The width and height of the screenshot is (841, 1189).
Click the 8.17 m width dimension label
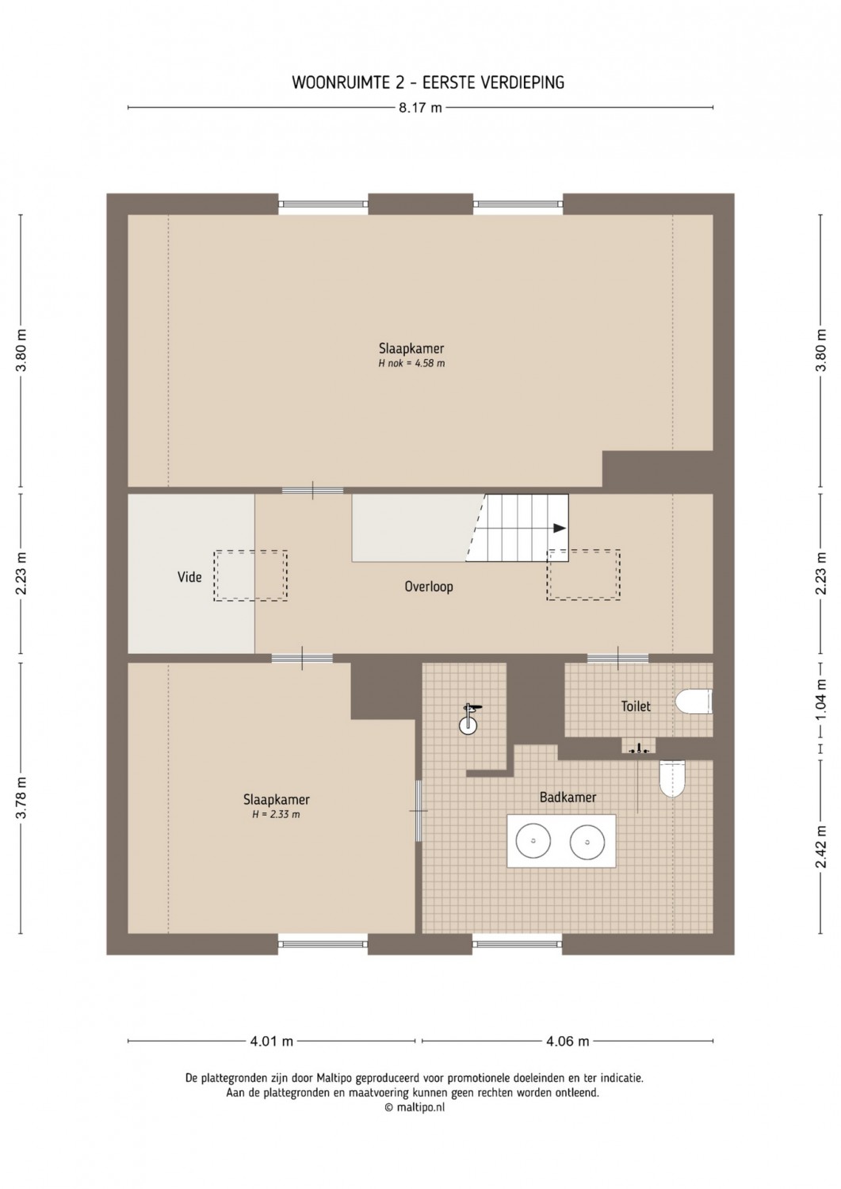coord(420,108)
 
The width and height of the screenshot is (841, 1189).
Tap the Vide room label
coord(189,576)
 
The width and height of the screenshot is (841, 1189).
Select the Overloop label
coord(429,587)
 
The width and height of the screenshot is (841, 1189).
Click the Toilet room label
coord(636,706)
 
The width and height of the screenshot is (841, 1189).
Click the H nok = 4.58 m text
coord(411,364)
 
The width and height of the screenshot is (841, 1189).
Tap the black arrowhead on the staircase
coord(559,528)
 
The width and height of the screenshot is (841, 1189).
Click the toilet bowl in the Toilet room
coord(694,702)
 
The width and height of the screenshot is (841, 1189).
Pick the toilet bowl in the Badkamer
coord(672,778)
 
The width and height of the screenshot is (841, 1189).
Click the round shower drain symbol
coord(468,725)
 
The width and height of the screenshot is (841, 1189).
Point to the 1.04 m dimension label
coord(822,700)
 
